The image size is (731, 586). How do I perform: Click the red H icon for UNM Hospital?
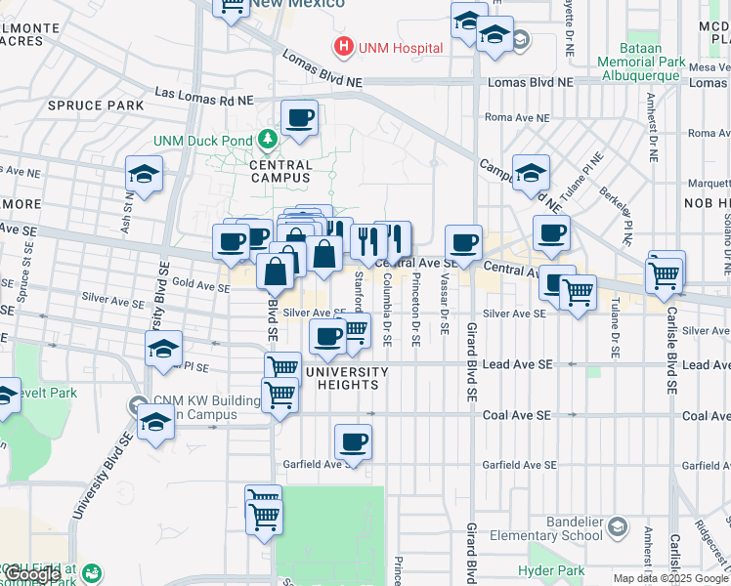[343, 46]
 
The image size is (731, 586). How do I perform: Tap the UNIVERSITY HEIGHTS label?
[346, 378]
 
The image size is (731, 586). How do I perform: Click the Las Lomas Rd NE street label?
[203, 100]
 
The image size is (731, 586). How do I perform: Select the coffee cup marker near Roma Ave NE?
[299, 119]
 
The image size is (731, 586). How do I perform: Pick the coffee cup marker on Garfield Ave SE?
[353, 441]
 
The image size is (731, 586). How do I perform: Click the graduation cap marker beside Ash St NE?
[144, 176]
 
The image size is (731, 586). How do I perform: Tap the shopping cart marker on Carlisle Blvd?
[665, 274]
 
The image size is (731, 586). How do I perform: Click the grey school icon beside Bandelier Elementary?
[617, 528]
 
